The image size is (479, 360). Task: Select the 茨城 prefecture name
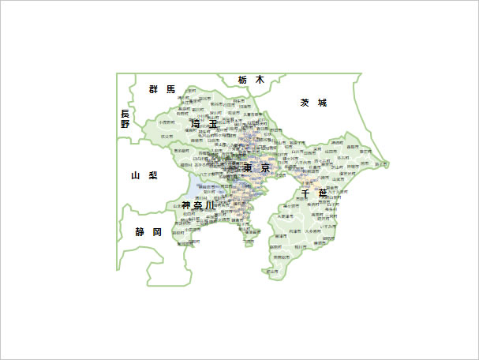point(312,103)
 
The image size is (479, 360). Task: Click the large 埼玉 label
point(204,123)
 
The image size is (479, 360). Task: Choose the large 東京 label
point(256,168)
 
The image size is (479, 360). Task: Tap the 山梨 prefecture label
point(144,174)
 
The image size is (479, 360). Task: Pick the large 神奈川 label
point(197,205)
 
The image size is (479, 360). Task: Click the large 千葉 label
point(313,193)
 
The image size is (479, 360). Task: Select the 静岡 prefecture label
point(148,231)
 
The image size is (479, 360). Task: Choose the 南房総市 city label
point(279,257)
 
